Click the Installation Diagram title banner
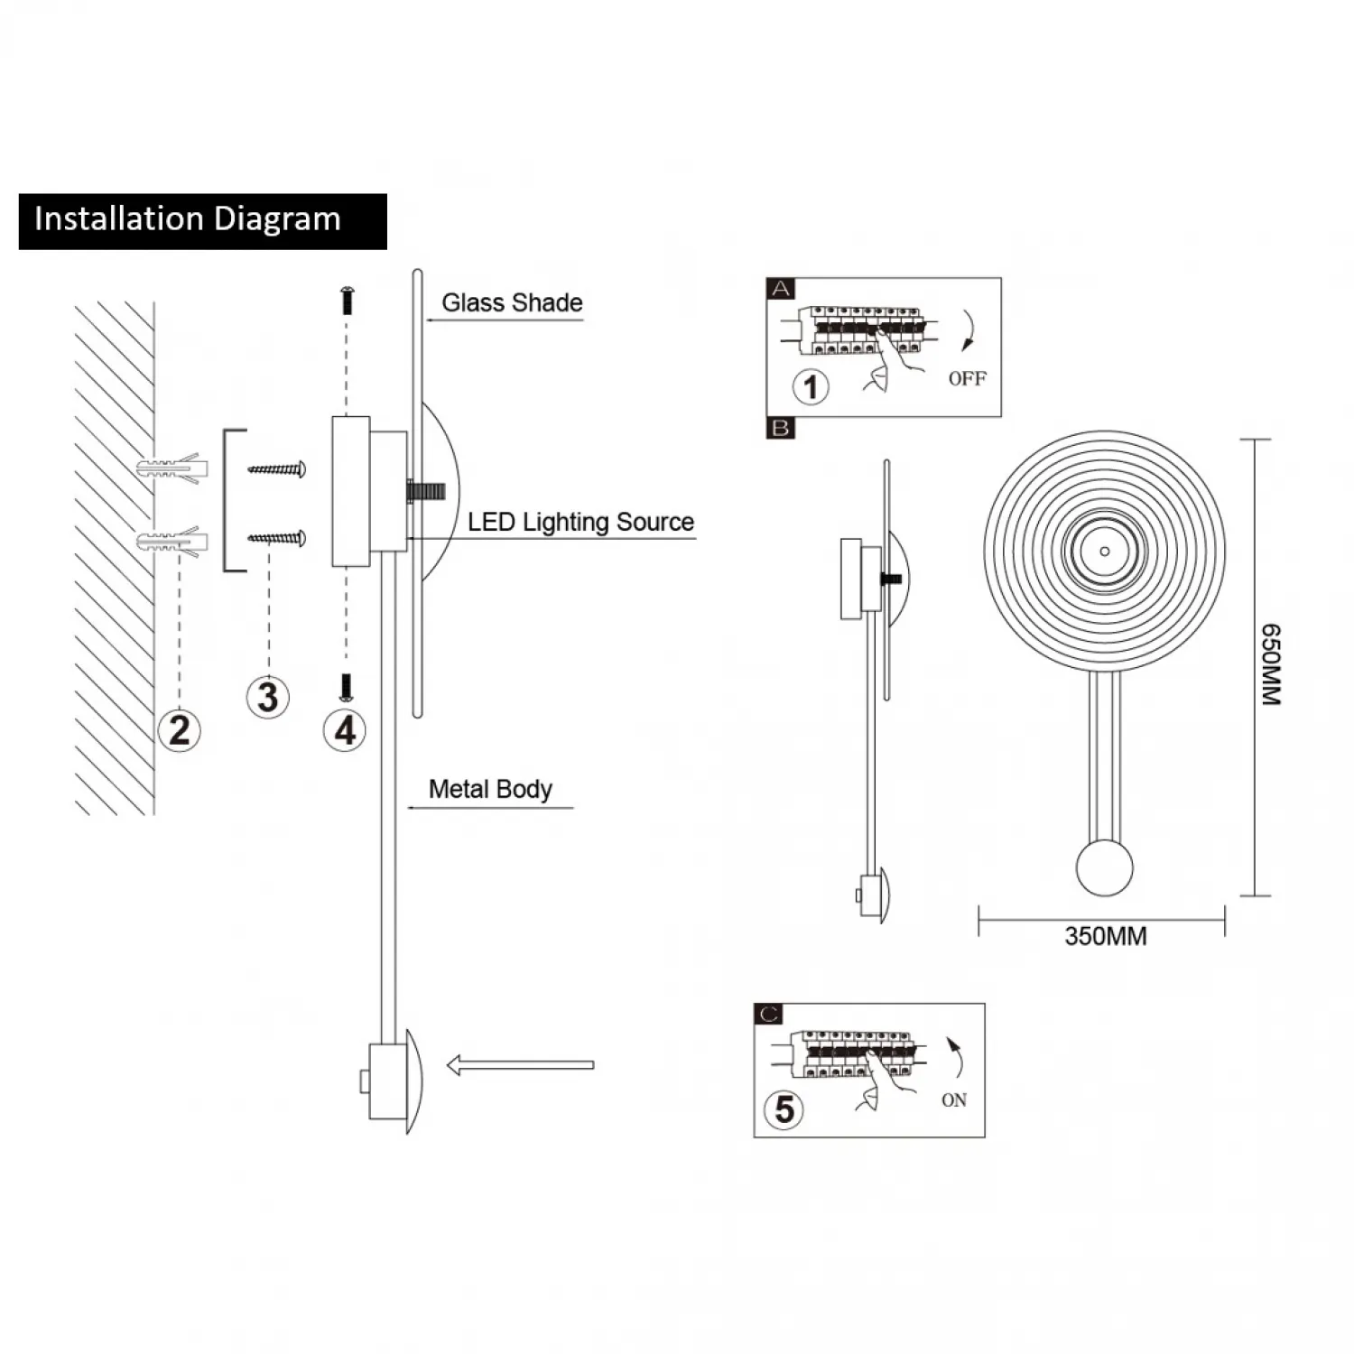coord(202,221)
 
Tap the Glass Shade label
coord(512,303)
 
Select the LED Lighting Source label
coord(580,523)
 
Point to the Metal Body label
coord(490,790)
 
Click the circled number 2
coord(180,730)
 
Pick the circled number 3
coord(268,697)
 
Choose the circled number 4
coord(345,730)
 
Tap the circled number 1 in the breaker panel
coord(811,387)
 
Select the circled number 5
coord(784,1109)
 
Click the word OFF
coord(967,379)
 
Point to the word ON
coord(954,1100)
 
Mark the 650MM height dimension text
coord(1271,664)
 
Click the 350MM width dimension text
coord(1106,937)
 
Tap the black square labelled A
coord(781,289)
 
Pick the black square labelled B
coord(781,428)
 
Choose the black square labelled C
coord(768,1015)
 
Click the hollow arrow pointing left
coord(520,1065)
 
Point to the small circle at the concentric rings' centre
coord(1105,552)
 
